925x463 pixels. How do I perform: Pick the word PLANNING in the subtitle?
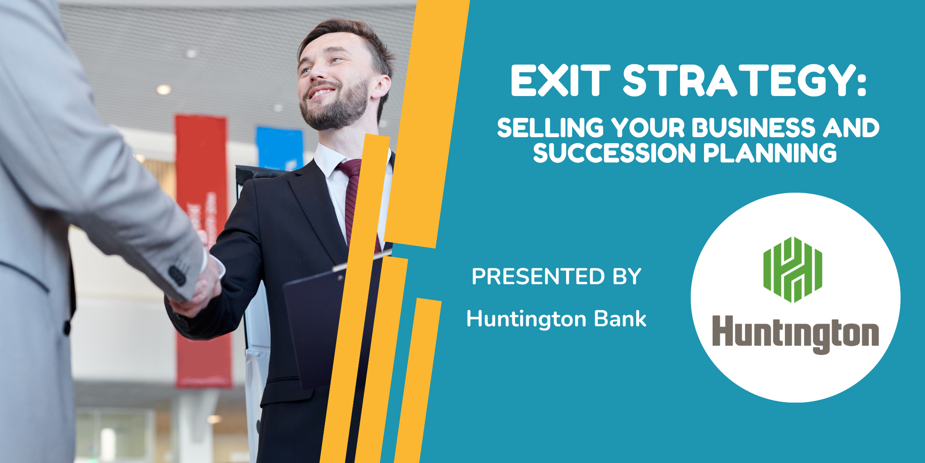pos(770,153)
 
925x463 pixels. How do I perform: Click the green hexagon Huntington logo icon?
pos(793,270)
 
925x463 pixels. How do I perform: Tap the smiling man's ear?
pos(381,87)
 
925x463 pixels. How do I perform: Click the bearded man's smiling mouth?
pos(321,93)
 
